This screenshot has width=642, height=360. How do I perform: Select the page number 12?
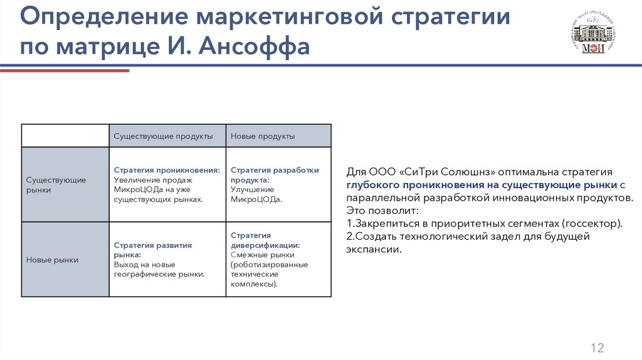pyautogui.click(x=597, y=348)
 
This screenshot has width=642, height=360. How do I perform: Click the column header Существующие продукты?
pyautogui.click(x=163, y=136)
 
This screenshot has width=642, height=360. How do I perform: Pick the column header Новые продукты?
pyautogui.click(x=263, y=136)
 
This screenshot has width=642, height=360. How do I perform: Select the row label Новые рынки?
pyautogui.click(x=52, y=260)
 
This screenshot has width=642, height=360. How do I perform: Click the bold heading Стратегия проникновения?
pyautogui.click(x=167, y=170)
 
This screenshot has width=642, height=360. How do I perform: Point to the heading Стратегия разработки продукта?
pyautogui.click(x=275, y=174)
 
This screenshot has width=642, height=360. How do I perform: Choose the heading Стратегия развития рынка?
pyautogui.click(x=152, y=250)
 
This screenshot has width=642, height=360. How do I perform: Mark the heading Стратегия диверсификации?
pyautogui.click(x=265, y=240)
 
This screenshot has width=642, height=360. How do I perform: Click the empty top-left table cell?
pyautogui.click(x=65, y=136)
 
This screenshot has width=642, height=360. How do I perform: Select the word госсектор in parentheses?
pyautogui.click(x=591, y=223)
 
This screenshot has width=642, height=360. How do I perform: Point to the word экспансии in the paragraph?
pyautogui.click(x=373, y=249)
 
